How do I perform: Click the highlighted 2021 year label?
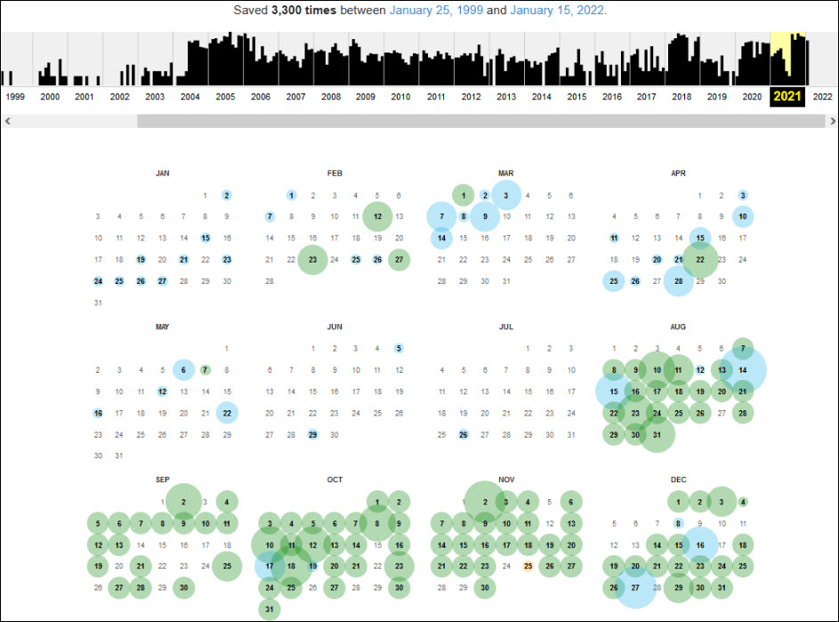787,97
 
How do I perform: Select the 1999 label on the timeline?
15,97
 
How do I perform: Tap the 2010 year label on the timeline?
400,97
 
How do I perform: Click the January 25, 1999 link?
432,11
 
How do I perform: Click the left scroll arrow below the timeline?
8,120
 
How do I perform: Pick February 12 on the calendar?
377,216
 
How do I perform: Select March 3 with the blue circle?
506,195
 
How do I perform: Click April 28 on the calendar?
679,281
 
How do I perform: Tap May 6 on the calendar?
183,369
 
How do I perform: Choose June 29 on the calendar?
312,434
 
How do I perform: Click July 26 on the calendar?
464,434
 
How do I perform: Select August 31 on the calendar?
657,434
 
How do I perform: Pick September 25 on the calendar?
227,565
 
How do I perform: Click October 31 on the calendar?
270,609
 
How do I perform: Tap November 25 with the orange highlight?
528,565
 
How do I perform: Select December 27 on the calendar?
635,587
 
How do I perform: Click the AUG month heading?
679,327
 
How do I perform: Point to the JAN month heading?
162,174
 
